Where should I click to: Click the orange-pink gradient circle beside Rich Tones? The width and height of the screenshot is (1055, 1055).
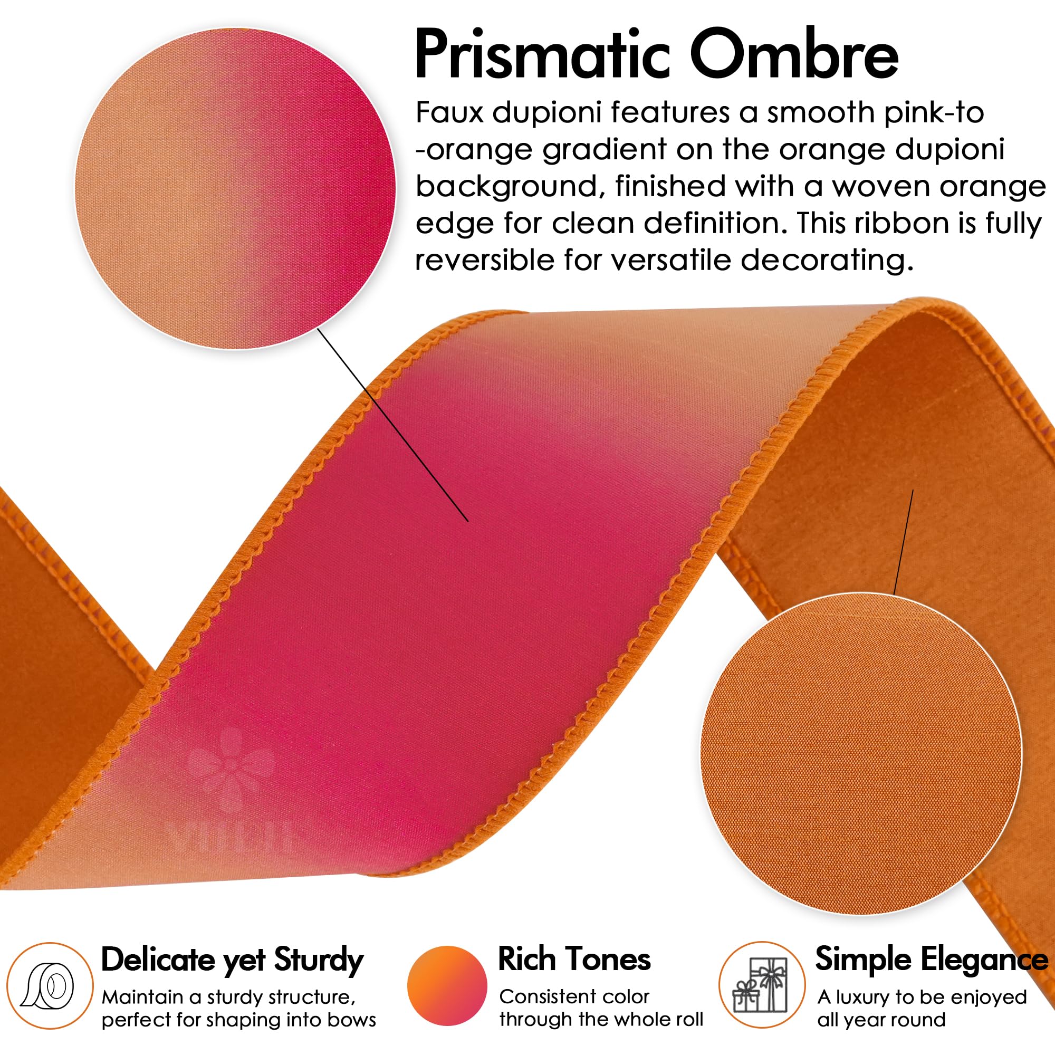click(x=447, y=986)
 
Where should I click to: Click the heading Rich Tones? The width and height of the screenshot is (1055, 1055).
click(x=574, y=960)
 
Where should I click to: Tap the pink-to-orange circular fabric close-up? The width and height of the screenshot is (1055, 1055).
click(x=235, y=188)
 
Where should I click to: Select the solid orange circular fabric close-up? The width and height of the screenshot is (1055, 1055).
click(x=861, y=754)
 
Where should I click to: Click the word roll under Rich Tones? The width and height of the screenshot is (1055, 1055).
click(x=689, y=1019)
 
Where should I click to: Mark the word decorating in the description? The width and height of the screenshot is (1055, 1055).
click(x=827, y=261)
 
